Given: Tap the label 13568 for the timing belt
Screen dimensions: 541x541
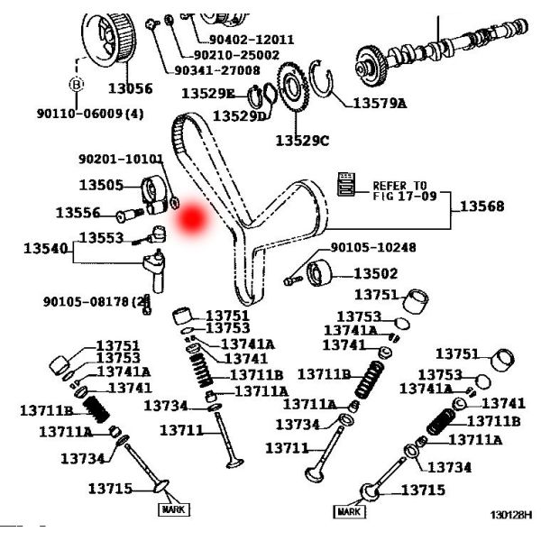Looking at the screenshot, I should coord(482,206).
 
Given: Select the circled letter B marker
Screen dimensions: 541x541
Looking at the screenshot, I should coord(76,84).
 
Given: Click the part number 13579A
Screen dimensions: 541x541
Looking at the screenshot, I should coord(379,103).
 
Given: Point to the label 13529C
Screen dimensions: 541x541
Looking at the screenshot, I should coord(303,140).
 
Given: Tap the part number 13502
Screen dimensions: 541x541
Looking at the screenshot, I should coord(375,273).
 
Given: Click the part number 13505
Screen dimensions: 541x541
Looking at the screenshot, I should coord(101,185).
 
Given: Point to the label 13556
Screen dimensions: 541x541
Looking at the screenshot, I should coord(79,213).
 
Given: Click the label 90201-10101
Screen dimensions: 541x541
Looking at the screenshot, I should coord(121,159).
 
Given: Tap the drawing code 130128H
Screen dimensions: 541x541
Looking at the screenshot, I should coord(512,515).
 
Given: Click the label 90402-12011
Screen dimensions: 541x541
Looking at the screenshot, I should coord(252,40).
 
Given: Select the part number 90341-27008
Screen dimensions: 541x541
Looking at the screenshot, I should coord(216,69).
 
